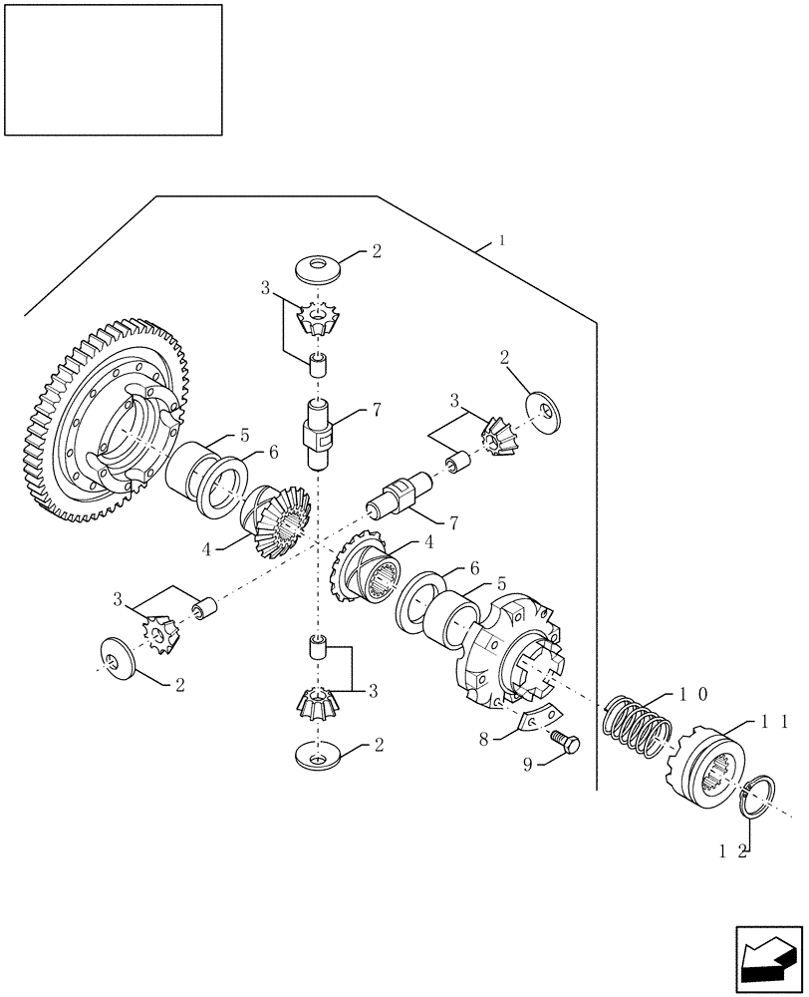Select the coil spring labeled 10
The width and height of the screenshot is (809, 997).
(x=634, y=732)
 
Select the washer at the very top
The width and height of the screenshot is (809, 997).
(x=318, y=266)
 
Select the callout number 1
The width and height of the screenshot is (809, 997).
(x=503, y=240)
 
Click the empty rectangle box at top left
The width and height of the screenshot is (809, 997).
(x=114, y=69)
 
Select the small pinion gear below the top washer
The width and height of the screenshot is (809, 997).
(x=318, y=318)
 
